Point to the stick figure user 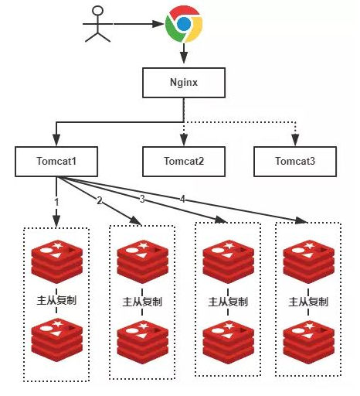(x=99, y=25)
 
